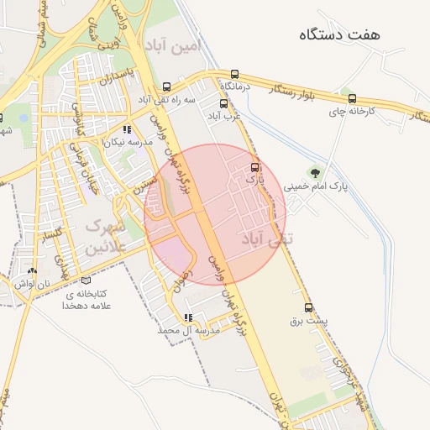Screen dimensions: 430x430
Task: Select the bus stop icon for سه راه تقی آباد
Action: (x=168, y=86)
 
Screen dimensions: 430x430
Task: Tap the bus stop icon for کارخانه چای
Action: (x=352, y=98)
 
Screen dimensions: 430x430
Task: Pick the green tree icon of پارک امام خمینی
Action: (x=314, y=173)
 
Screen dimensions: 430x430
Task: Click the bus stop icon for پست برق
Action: (x=308, y=307)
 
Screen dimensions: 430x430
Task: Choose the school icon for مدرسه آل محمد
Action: (x=189, y=317)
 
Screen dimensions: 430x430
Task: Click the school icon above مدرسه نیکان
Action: (x=127, y=129)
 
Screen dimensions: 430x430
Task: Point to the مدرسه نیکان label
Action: (x=127, y=143)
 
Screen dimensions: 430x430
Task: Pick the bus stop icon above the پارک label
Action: (x=255, y=166)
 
